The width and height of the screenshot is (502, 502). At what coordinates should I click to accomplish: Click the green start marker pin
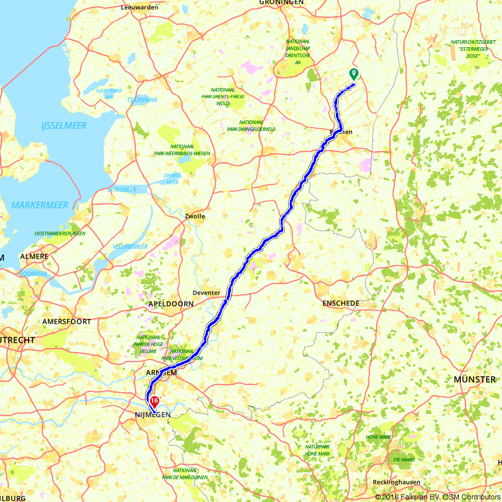354,74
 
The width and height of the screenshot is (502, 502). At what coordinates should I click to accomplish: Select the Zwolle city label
195,216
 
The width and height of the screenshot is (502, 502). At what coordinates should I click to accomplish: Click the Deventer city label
206,293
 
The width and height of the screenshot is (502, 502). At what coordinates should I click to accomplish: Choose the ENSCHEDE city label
341,303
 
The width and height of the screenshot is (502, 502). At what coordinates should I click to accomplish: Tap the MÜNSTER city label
474,379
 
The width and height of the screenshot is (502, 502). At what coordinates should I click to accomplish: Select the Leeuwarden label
140,8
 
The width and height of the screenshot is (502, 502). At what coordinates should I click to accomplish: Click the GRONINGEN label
282,3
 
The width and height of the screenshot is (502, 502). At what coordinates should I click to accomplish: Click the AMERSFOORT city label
67,321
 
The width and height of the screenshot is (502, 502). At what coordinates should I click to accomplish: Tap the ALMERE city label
34,257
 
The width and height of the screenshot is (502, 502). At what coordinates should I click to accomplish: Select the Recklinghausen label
397,482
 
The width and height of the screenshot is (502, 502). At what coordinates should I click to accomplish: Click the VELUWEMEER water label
130,246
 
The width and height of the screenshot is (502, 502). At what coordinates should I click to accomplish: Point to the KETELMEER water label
122,189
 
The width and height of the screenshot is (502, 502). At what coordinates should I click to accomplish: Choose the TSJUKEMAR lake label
142,100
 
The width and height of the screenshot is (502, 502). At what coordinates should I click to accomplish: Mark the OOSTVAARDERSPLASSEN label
60,233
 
